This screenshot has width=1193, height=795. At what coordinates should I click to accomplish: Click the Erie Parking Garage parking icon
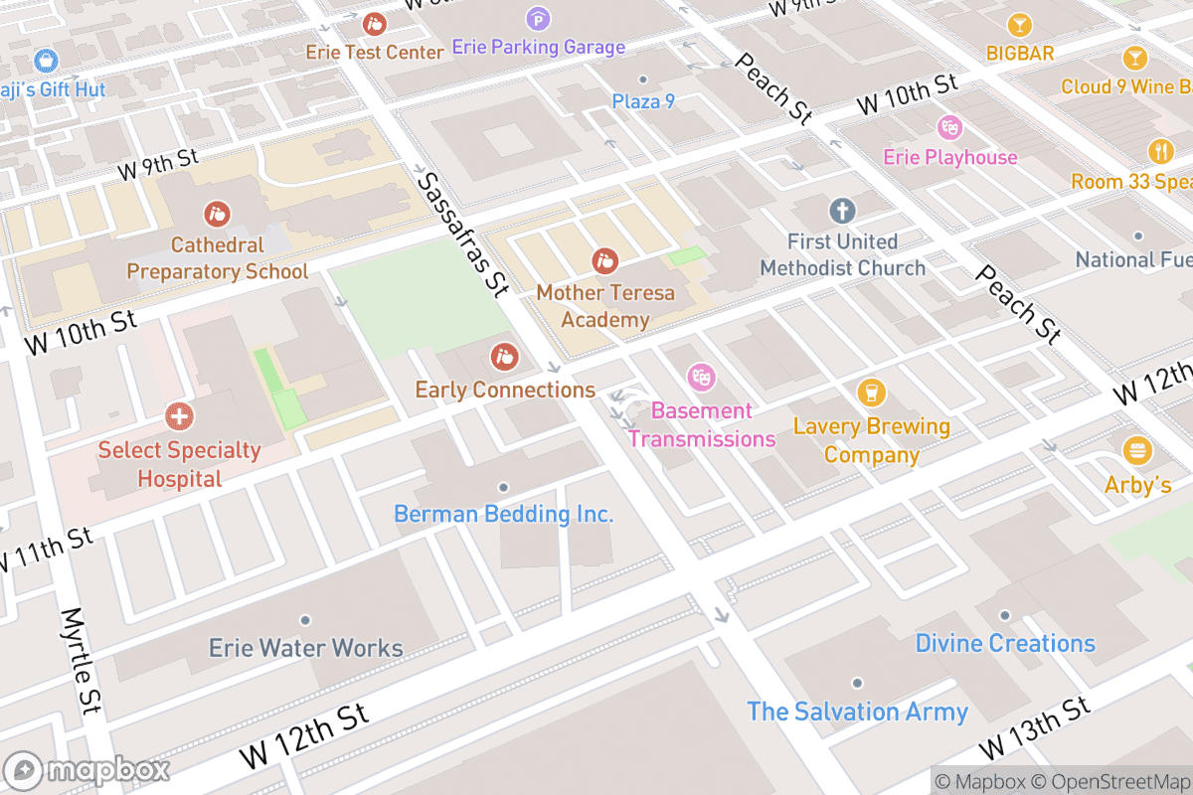pos(538,18)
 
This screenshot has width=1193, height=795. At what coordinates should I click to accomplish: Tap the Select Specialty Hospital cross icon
pos(180,415)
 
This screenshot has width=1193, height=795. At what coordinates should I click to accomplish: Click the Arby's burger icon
pos(1137,451)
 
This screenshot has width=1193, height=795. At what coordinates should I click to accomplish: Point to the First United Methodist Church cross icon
pos(842,211)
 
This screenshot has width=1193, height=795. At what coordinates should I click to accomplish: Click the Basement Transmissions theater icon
pos(702,377)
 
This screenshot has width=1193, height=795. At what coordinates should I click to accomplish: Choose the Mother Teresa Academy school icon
pos(604,262)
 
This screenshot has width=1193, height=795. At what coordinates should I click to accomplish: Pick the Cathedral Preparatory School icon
pos(217,213)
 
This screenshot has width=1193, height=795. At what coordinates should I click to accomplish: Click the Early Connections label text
pos(505,390)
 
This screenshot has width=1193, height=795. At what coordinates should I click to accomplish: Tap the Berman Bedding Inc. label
pos(503,514)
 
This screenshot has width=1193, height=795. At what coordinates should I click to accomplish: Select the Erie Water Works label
pos(305,649)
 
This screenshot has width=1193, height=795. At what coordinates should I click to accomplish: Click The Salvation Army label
pos(857,712)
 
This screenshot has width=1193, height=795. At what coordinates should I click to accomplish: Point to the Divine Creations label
pos(1005,643)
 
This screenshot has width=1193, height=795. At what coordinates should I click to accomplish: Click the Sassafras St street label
pos(462,235)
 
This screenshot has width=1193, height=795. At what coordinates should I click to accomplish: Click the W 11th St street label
pos(45,550)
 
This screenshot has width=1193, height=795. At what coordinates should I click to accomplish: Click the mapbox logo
pos(88,770)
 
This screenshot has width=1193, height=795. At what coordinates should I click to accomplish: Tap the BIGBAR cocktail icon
pos(1019,24)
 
